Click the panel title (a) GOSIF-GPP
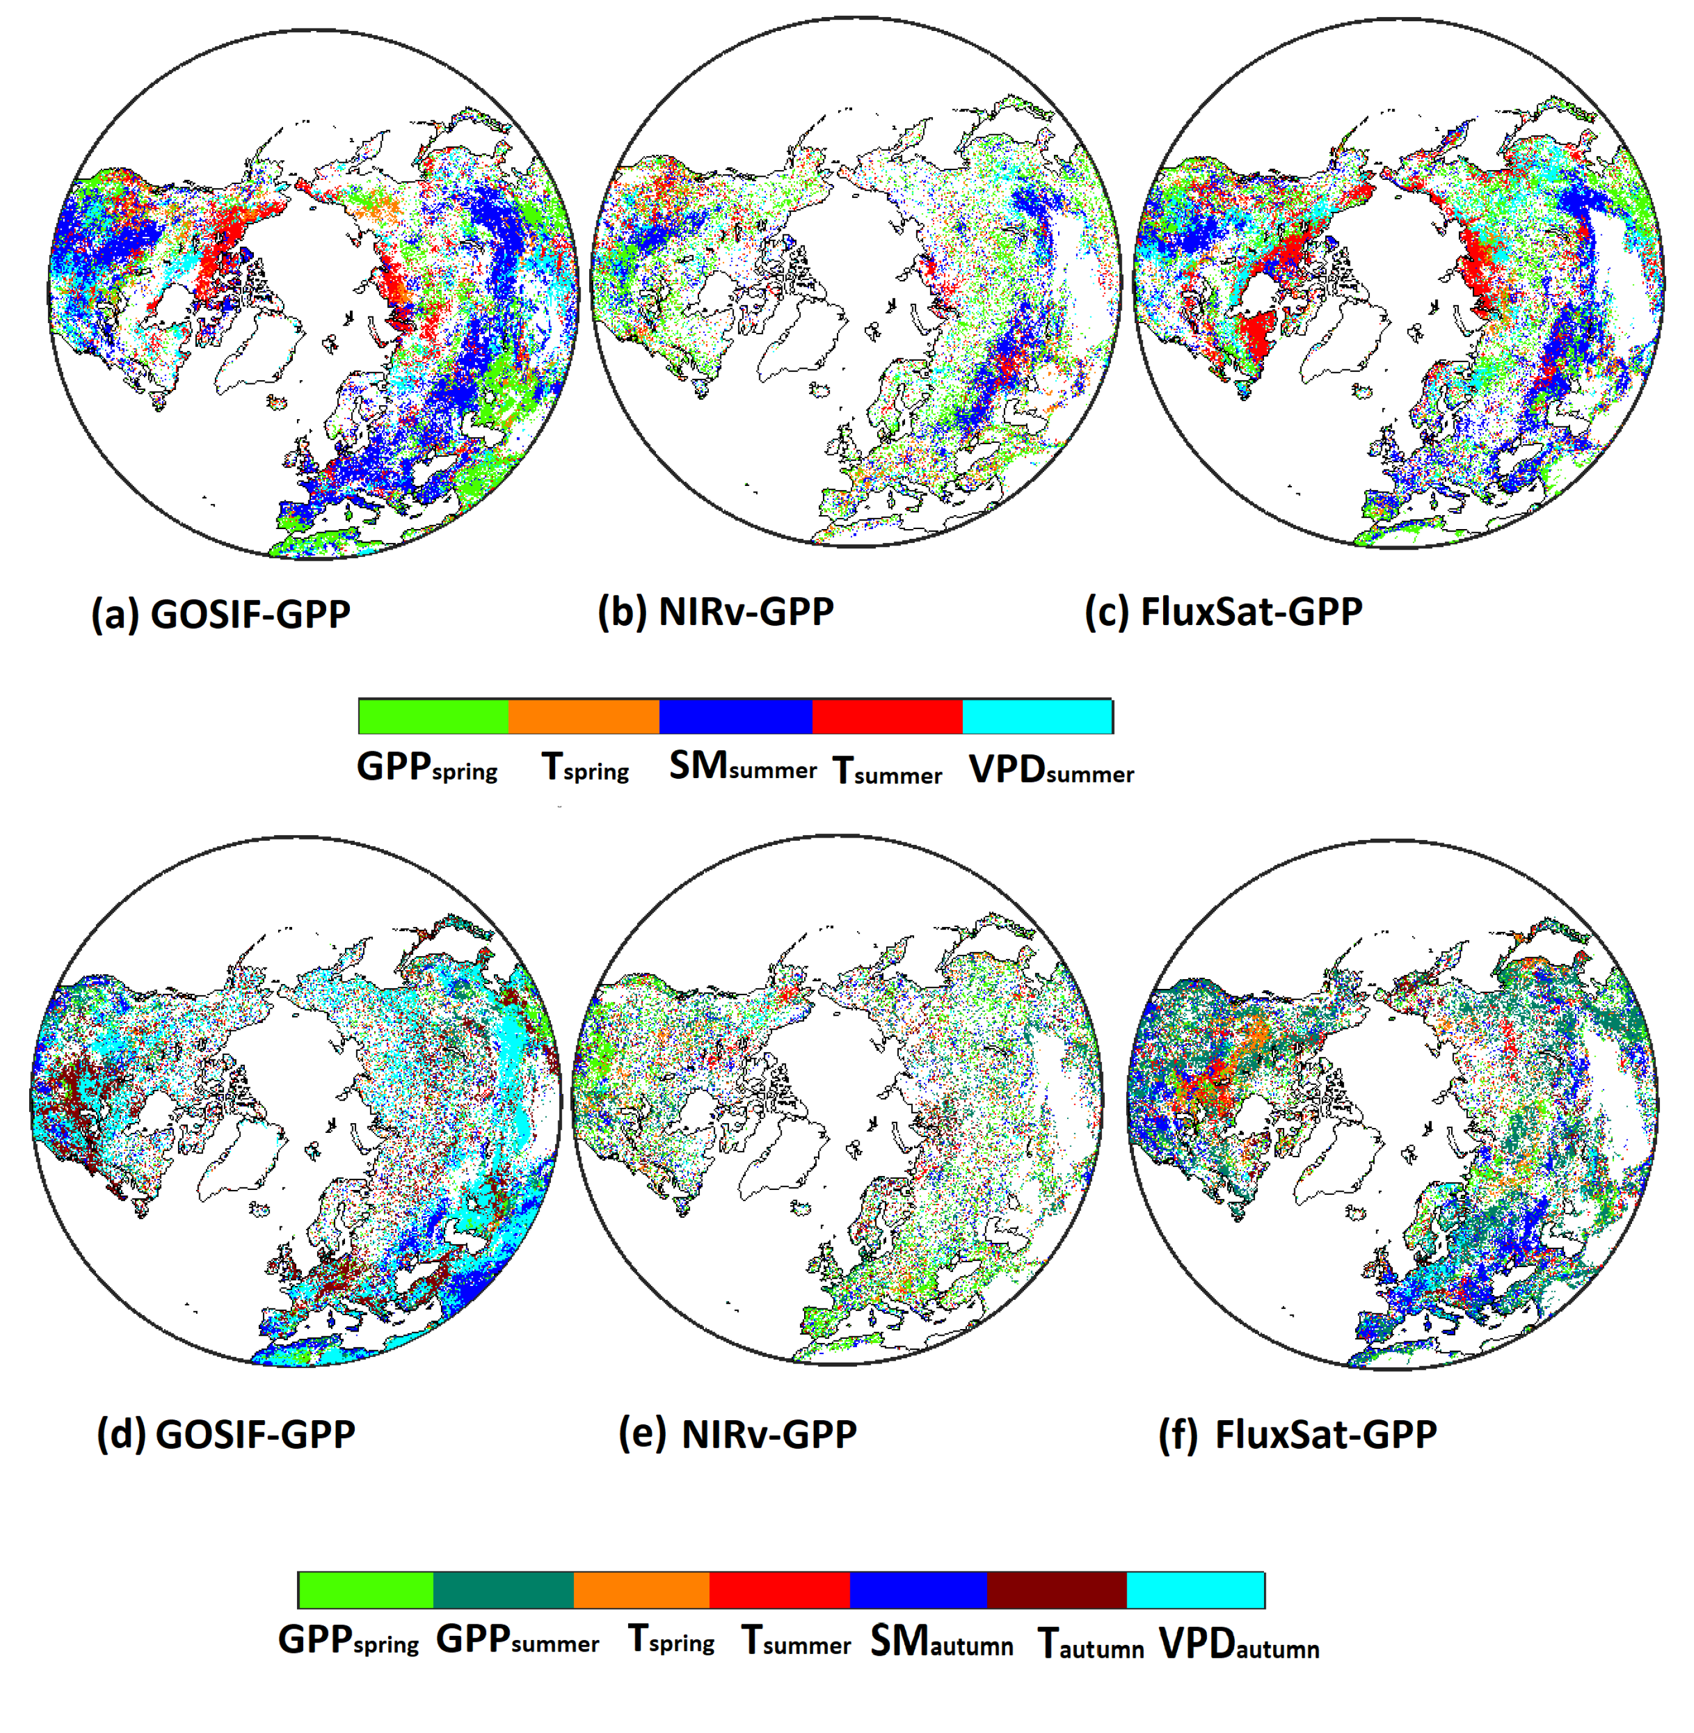point(220,615)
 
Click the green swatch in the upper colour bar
point(433,716)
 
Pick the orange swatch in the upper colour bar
point(584,716)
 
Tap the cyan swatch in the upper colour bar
point(1037,716)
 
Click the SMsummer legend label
point(742,767)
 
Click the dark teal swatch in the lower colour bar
point(504,1590)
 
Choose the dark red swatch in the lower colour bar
point(1057,1590)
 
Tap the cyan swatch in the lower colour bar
point(1196,1590)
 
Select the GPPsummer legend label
point(517,1639)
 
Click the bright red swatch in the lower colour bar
point(779,1590)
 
